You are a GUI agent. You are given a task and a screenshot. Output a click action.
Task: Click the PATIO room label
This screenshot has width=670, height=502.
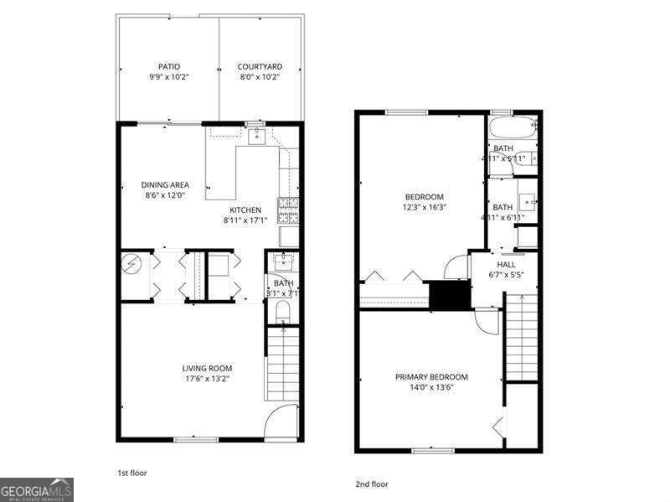point(169,67)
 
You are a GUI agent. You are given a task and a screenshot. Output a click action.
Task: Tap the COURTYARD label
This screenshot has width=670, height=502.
point(259,67)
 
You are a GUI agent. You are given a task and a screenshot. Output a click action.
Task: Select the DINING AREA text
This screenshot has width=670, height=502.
point(164,185)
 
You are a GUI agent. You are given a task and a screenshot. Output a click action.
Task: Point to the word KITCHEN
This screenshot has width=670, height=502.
point(245,210)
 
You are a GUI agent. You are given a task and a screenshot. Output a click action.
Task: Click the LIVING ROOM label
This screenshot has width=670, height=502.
point(207,368)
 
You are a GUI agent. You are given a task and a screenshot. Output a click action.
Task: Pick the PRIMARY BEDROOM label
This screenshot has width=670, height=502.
point(431,377)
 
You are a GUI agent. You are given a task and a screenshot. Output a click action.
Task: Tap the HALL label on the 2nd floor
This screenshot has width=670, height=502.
point(506,264)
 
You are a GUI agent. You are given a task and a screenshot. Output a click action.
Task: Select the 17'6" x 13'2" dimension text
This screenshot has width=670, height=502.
point(207,379)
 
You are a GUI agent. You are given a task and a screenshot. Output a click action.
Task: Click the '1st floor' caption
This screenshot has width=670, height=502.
point(132,473)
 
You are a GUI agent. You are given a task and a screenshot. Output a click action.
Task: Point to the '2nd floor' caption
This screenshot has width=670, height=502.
point(373,484)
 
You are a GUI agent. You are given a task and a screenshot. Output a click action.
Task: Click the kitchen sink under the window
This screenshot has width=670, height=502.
point(255,137)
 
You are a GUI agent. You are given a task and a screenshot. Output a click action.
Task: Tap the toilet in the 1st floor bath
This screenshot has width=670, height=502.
point(282,312)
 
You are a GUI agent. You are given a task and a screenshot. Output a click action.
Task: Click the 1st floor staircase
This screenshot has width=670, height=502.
point(282,365)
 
